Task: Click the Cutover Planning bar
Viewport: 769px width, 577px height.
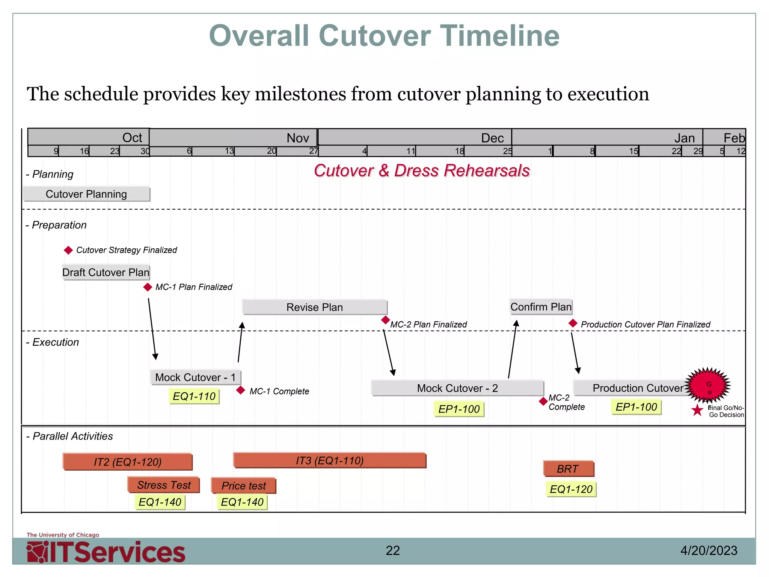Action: (x=86, y=194)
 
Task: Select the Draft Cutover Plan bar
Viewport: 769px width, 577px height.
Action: (x=106, y=272)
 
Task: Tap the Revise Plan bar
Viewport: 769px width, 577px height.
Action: (x=315, y=307)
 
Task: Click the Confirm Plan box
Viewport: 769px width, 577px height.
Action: (x=541, y=307)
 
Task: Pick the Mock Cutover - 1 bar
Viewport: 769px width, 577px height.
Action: (x=195, y=377)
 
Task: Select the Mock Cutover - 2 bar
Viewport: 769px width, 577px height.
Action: (x=457, y=388)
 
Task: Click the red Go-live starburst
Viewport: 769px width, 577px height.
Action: (x=708, y=385)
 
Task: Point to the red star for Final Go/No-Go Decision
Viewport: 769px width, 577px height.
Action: (x=697, y=410)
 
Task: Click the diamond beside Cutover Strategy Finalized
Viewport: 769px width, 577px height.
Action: (x=68, y=250)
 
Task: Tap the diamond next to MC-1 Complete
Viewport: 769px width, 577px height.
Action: (x=241, y=391)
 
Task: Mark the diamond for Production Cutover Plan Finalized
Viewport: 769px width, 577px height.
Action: (x=573, y=323)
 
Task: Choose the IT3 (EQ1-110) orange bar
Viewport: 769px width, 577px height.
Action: (x=330, y=461)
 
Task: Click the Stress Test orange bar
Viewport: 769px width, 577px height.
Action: (x=164, y=485)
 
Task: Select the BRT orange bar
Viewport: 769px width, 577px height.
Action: (x=568, y=469)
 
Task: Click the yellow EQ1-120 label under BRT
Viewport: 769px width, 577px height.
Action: (x=571, y=489)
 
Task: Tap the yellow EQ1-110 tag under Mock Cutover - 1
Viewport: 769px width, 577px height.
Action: (x=194, y=396)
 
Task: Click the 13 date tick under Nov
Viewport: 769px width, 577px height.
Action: (x=229, y=151)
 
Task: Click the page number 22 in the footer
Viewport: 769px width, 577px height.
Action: (x=393, y=551)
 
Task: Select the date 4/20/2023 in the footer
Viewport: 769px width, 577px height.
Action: (x=709, y=551)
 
